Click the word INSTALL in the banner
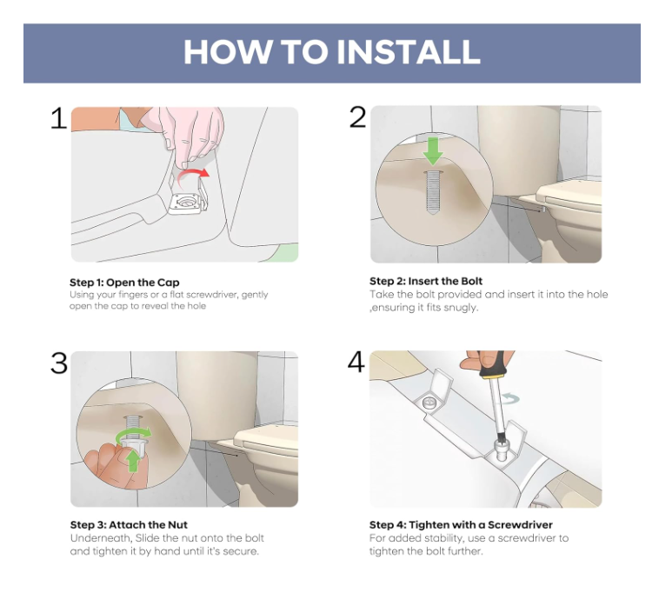click(x=409, y=51)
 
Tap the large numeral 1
click(x=58, y=118)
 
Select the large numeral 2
click(x=357, y=117)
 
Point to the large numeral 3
click(x=59, y=363)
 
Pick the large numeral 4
click(x=356, y=362)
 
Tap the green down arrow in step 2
click(x=433, y=151)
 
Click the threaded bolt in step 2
click(x=433, y=192)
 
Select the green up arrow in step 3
click(x=133, y=461)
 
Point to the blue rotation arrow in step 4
click(x=509, y=398)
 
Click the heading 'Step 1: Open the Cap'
click(x=124, y=283)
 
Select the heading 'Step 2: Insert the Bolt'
click(x=426, y=281)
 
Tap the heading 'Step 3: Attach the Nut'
click(x=129, y=524)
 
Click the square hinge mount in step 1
click(x=185, y=203)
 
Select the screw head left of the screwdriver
click(x=430, y=403)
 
